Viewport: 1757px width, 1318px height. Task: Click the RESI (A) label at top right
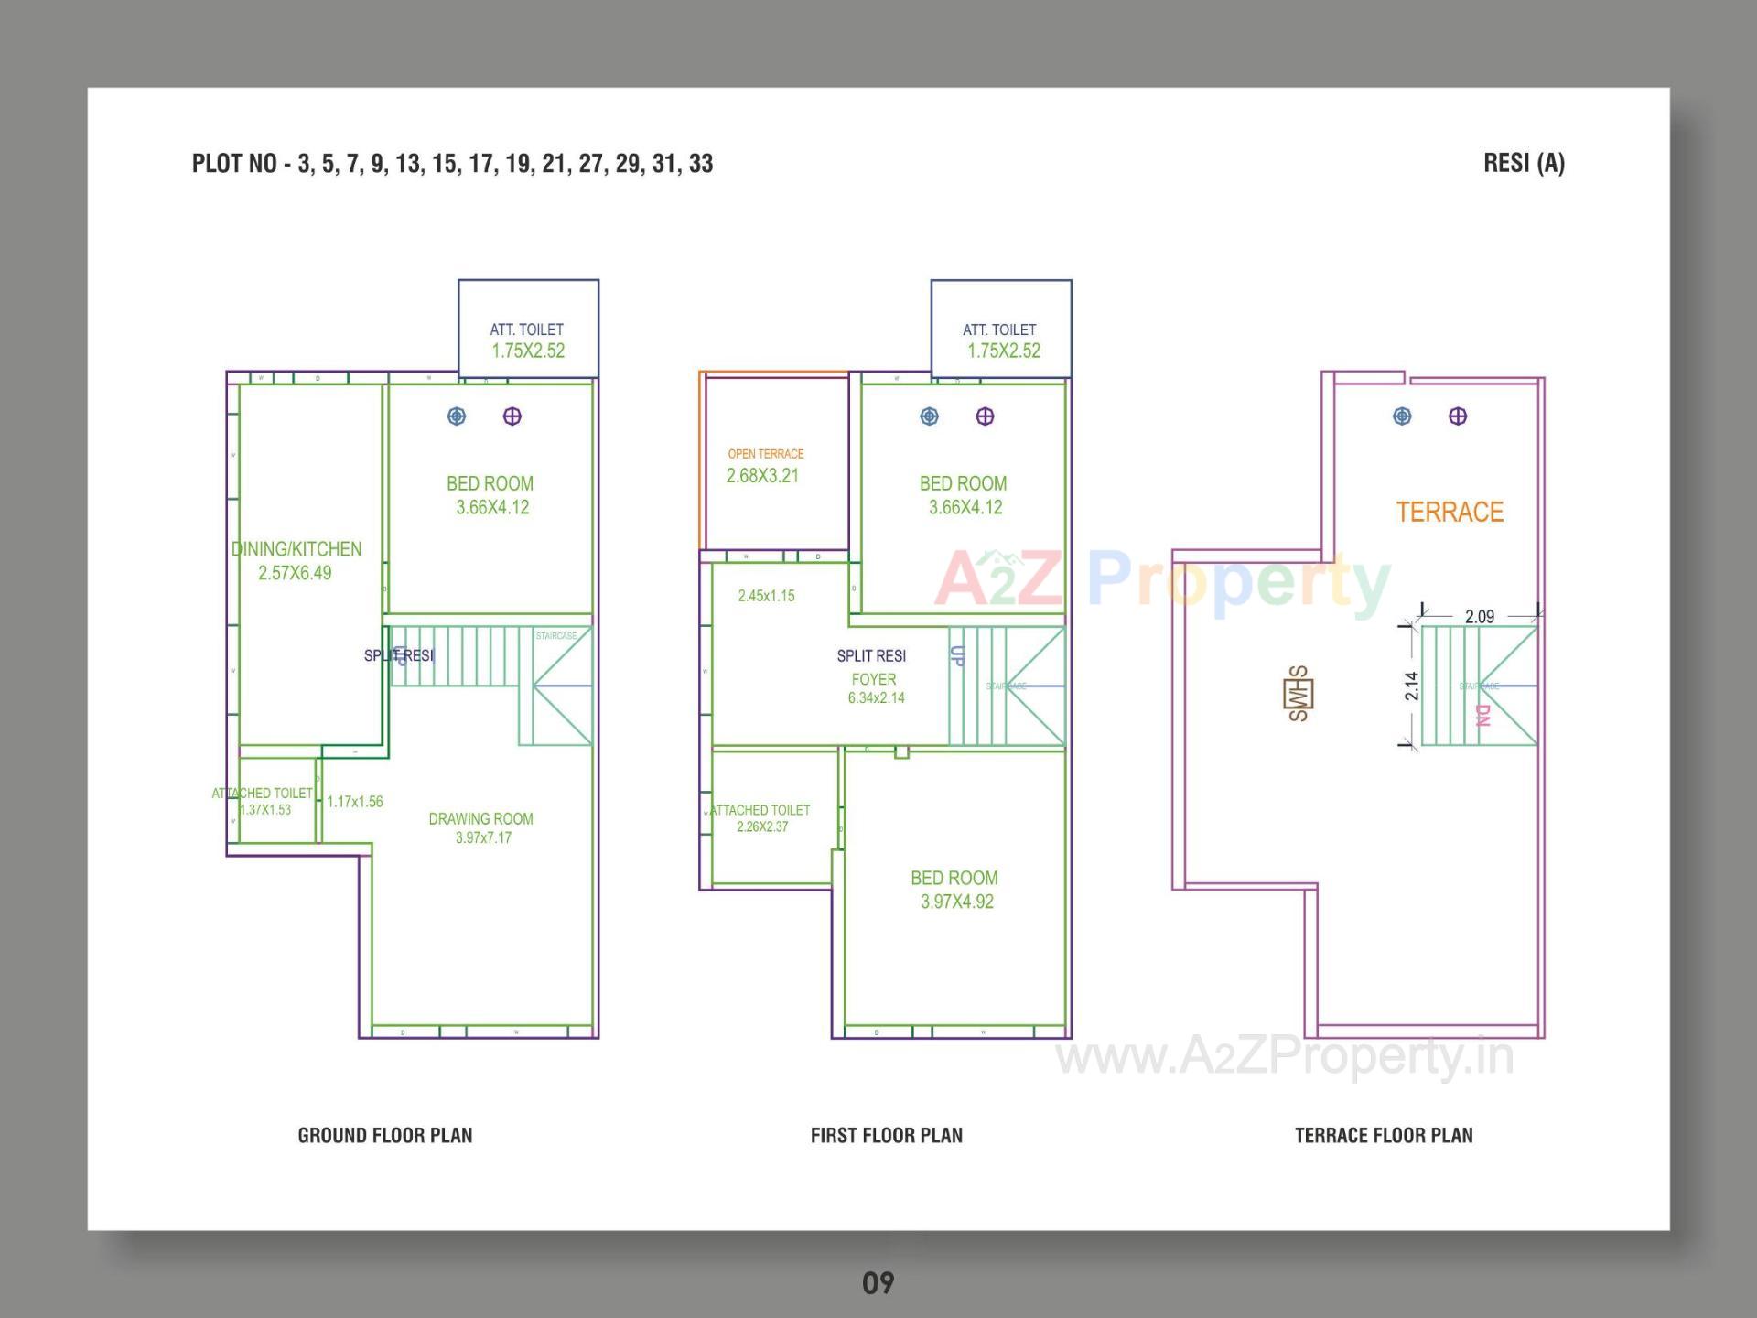tap(1524, 163)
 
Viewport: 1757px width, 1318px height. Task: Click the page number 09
tap(878, 1283)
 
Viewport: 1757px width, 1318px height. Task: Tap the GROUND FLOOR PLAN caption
tap(385, 1135)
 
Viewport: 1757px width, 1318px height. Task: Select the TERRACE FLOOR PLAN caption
tap(1384, 1135)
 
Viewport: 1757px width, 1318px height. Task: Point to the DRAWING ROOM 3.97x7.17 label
tap(481, 827)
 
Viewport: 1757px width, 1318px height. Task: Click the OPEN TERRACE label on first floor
tap(766, 454)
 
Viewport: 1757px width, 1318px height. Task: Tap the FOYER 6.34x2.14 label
tap(875, 688)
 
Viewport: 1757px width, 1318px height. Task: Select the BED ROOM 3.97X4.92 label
tap(954, 889)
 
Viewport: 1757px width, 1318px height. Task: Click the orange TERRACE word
tap(1450, 512)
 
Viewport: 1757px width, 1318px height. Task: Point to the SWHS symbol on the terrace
tap(1299, 693)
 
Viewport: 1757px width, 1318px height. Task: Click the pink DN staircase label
tap(1483, 715)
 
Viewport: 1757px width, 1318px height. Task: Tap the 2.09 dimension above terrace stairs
tap(1479, 617)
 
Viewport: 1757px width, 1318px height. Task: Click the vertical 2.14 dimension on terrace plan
tap(1412, 686)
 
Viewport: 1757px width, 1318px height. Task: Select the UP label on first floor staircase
tap(957, 655)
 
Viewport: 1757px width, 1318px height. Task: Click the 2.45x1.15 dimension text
tap(766, 596)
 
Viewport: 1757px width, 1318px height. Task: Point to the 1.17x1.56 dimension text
tap(355, 802)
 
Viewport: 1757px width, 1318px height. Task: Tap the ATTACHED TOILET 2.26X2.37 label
tap(760, 817)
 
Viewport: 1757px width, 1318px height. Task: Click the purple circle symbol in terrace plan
tap(1458, 416)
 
